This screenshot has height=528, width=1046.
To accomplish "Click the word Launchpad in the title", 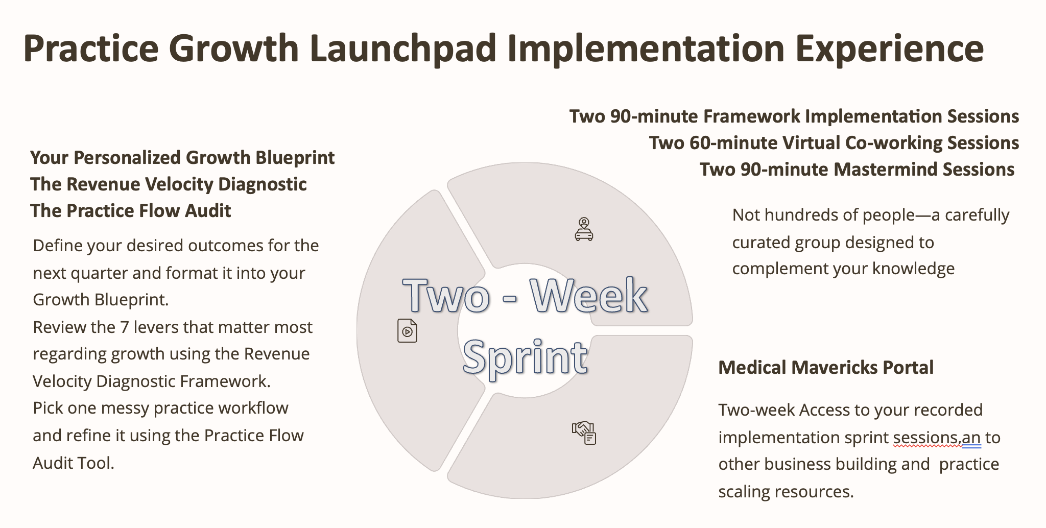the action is pyautogui.click(x=402, y=49).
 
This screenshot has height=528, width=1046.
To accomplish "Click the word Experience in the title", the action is pyautogui.click(x=889, y=49).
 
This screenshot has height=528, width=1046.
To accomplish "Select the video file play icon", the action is pyautogui.click(x=407, y=330).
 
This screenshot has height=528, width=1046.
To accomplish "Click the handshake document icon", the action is pyautogui.click(x=584, y=433).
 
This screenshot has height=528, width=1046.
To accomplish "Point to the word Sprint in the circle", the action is pyautogui.click(x=525, y=357).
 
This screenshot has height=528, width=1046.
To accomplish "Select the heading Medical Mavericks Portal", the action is pyautogui.click(x=826, y=368).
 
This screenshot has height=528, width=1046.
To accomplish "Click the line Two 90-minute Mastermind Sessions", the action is pyautogui.click(x=857, y=170).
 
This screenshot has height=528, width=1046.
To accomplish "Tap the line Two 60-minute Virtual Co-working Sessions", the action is pyautogui.click(x=834, y=143).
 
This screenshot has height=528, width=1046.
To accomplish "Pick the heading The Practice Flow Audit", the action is pyautogui.click(x=130, y=211).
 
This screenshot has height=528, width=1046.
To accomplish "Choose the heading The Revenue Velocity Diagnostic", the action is pyautogui.click(x=169, y=184).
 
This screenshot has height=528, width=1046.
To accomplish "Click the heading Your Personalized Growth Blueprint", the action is pyautogui.click(x=182, y=158).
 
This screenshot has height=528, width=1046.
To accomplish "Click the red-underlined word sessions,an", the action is pyautogui.click(x=937, y=438).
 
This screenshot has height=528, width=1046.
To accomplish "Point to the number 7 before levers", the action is pyautogui.click(x=124, y=327).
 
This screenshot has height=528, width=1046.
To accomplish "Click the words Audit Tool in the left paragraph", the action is pyautogui.click(x=74, y=463).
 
